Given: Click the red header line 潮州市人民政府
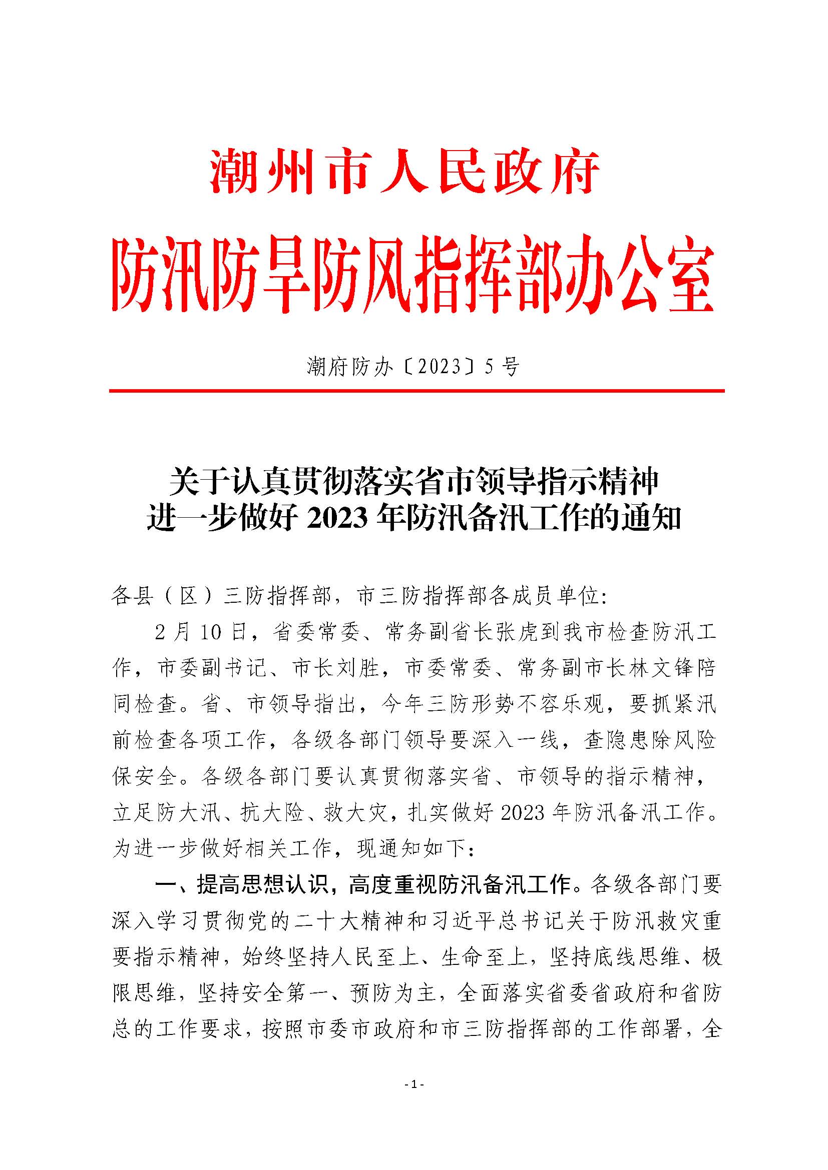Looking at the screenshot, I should click(x=405, y=172).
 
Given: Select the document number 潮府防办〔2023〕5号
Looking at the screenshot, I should click(x=413, y=366).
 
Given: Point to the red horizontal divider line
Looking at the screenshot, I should click(x=417, y=391).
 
